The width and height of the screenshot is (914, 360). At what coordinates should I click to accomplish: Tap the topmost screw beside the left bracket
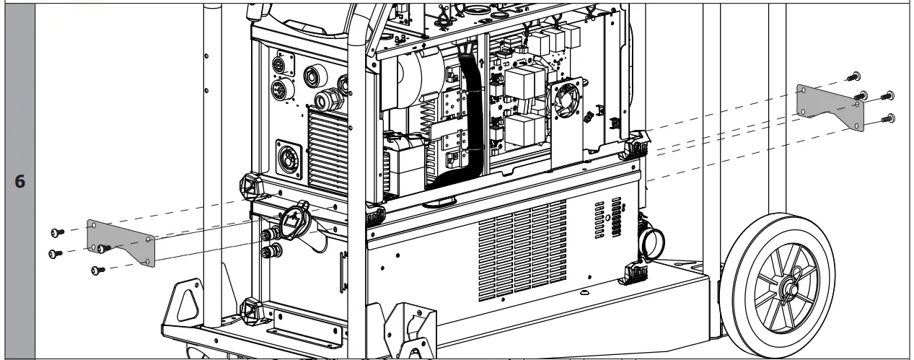point(56,232)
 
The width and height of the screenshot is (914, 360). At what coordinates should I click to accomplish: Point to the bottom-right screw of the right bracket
point(889,117)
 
